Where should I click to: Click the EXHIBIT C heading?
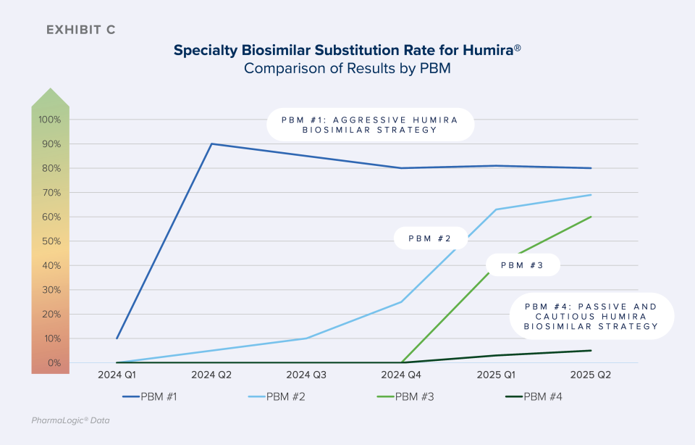(80, 30)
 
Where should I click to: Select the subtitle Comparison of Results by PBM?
(347, 68)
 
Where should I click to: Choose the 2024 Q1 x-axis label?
(117, 375)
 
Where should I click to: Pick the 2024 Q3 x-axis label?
(306, 375)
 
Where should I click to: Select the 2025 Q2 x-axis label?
(591, 375)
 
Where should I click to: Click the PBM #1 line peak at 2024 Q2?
(211, 144)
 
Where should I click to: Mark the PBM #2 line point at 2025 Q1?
(496, 209)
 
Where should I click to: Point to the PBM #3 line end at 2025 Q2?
(591, 217)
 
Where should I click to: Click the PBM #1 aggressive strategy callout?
(370, 125)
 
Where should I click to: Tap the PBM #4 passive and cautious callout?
(591, 317)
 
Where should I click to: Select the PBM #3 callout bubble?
(523, 265)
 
